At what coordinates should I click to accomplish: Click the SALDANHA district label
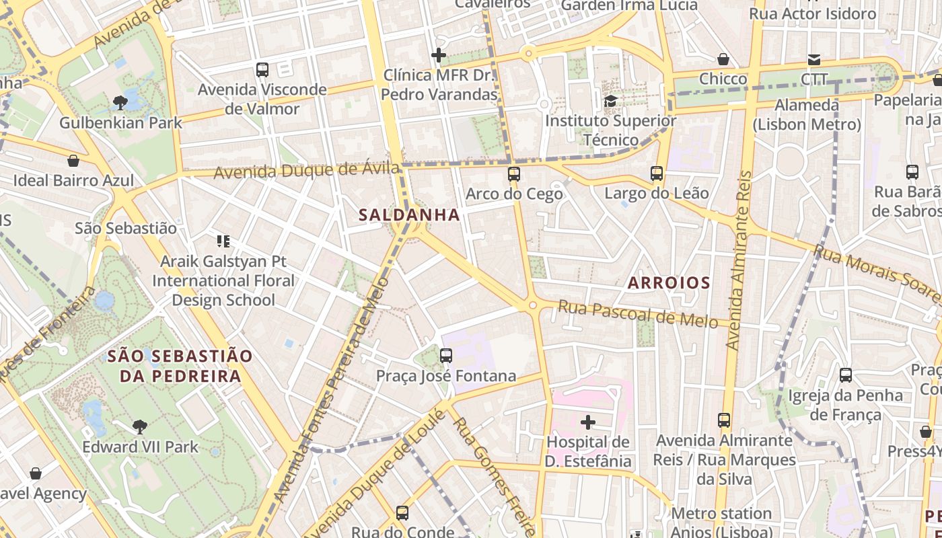pyautogui.click(x=409, y=215)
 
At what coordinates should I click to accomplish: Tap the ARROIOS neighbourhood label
pyautogui.click(x=669, y=283)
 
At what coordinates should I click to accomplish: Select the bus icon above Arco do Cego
pyautogui.click(x=514, y=174)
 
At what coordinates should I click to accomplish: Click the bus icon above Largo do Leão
pyautogui.click(x=657, y=174)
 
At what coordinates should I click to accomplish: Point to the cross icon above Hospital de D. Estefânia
pyautogui.click(x=588, y=422)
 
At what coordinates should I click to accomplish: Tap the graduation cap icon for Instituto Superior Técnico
pyautogui.click(x=610, y=101)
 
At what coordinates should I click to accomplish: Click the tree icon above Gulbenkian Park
pyautogui.click(x=120, y=103)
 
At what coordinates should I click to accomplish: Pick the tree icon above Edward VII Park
pyautogui.click(x=140, y=426)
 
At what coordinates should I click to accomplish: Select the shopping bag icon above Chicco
pyautogui.click(x=723, y=59)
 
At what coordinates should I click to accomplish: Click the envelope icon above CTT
pyautogui.click(x=814, y=59)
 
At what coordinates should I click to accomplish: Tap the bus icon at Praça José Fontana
pyautogui.click(x=445, y=356)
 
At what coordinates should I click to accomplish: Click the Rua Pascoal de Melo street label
pyautogui.click(x=638, y=314)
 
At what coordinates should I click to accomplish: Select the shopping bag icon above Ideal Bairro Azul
pyautogui.click(x=73, y=161)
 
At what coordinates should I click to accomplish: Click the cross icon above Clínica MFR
pyautogui.click(x=439, y=55)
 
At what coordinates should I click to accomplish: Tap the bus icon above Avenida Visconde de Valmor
pyautogui.click(x=262, y=69)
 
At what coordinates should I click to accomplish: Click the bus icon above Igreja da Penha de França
pyautogui.click(x=846, y=375)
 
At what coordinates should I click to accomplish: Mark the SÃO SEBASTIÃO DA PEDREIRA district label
pyautogui.click(x=180, y=366)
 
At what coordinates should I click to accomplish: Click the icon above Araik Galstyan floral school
pyautogui.click(x=223, y=241)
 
